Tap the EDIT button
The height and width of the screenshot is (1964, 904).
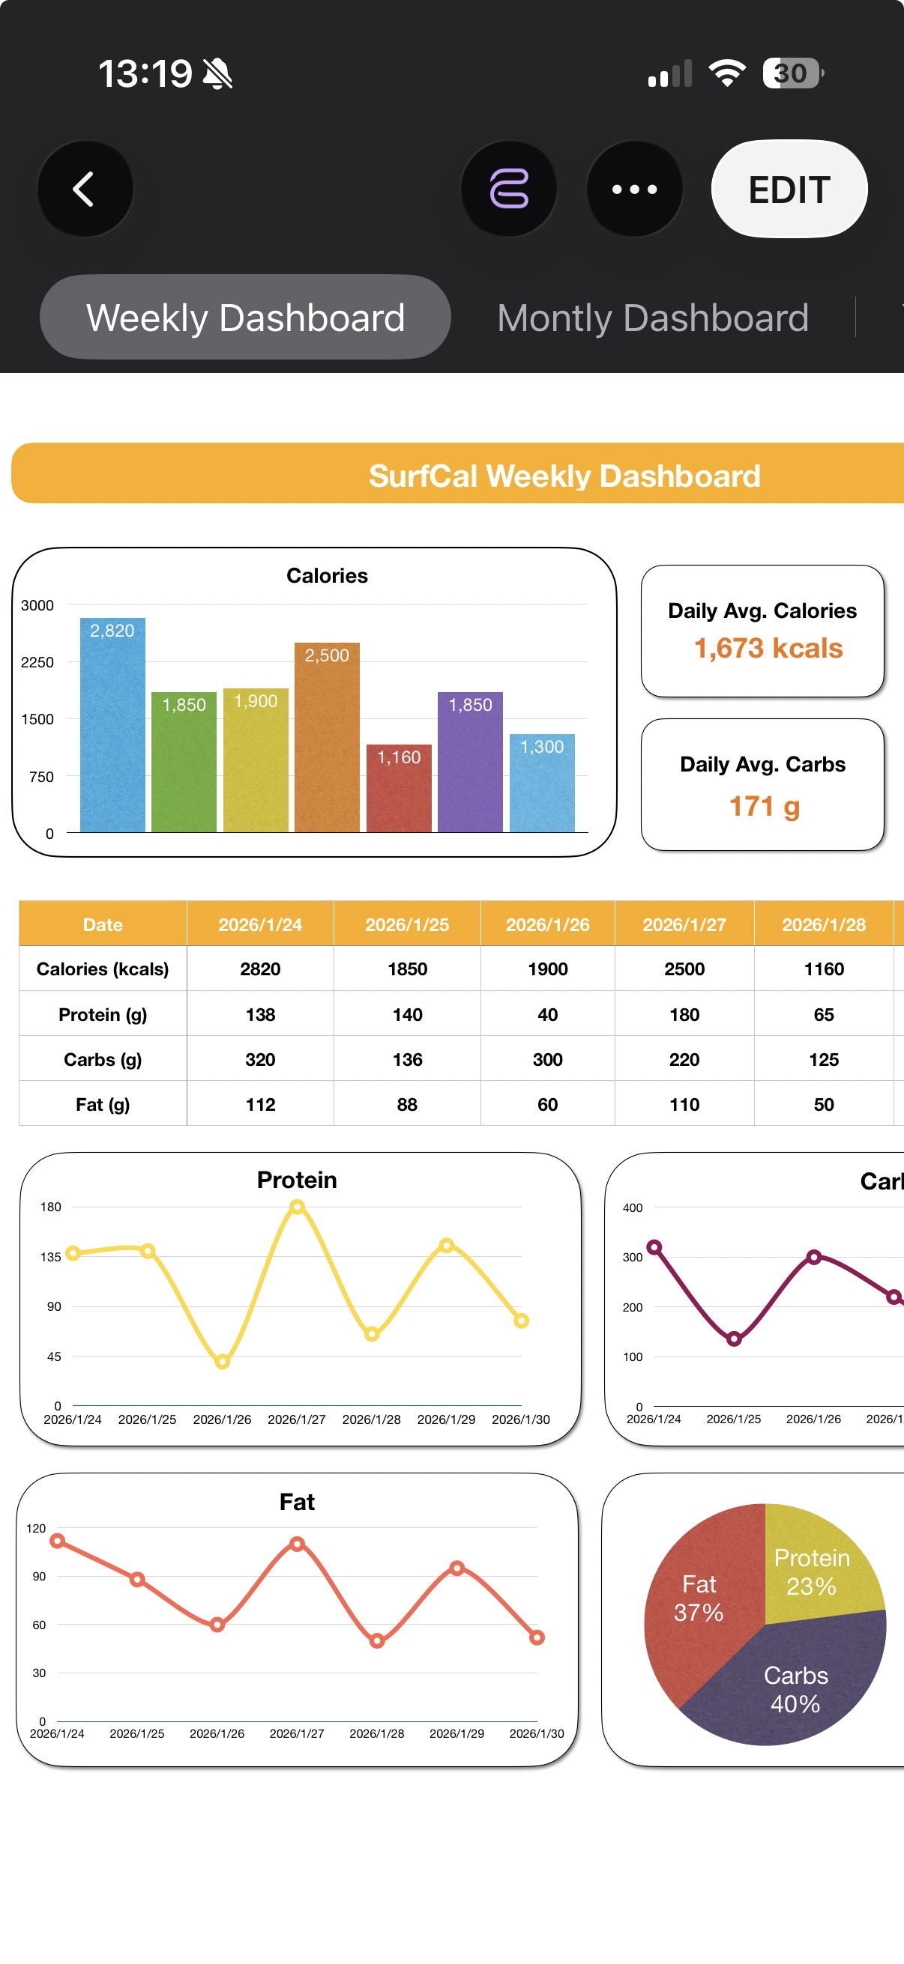pyautogui.click(x=789, y=189)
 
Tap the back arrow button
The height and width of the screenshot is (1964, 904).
pyautogui.click(x=85, y=189)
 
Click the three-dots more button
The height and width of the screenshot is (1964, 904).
pyautogui.click(x=634, y=189)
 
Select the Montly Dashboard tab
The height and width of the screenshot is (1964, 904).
pyautogui.click(x=652, y=318)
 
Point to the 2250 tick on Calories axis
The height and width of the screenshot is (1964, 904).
pyautogui.click(x=37, y=662)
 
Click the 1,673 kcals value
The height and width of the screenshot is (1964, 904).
pyautogui.click(x=768, y=648)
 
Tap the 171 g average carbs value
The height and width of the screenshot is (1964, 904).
pyautogui.click(x=765, y=806)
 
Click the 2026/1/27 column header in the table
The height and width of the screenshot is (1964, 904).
pyautogui.click(x=684, y=924)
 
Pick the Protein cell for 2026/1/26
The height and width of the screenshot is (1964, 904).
pyautogui.click(x=547, y=1014)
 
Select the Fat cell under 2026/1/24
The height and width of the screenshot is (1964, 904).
pyautogui.click(x=260, y=1104)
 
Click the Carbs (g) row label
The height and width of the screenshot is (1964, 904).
pyautogui.click(x=102, y=1059)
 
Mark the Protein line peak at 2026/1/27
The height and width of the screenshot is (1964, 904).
pyautogui.click(x=298, y=1206)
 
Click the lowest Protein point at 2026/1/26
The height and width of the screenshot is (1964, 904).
pyautogui.click(x=222, y=1362)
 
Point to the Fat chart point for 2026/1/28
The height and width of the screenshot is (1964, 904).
pyautogui.click(x=377, y=1641)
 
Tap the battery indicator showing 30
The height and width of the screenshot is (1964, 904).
pyautogui.click(x=792, y=73)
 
